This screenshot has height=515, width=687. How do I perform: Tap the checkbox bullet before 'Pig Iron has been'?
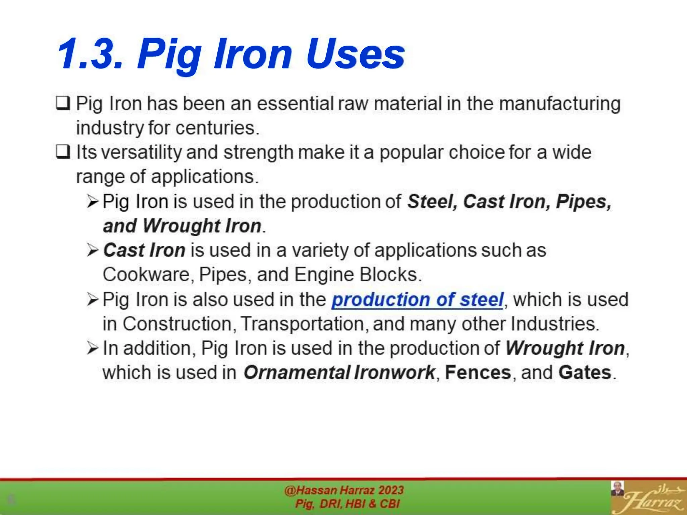pyautogui.click(x=63, y=103)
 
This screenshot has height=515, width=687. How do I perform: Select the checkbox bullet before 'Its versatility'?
pyautogui.click(x=63, y=152)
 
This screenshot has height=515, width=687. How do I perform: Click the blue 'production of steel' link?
pyautogui.click(x=417, y=299)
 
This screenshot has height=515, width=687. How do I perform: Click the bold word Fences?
pyautogui.click(x=478, y=373)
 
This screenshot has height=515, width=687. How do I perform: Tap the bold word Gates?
pyautogui.click(x=585, y=373)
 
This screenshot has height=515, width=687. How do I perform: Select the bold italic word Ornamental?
pyautogui.click(x=297, y=373)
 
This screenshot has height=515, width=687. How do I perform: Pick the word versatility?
pyautogui.click(x=141, y=153)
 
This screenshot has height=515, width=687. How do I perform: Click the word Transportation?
pyautogui.click(x=302, y=324)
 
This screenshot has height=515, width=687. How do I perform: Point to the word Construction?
pyautogui.click(x=177, y=324)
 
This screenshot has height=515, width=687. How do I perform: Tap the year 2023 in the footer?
pyautogui.click(x=391, y=490)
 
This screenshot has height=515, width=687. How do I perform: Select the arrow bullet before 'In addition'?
pyautogui.click(x=93, y=348)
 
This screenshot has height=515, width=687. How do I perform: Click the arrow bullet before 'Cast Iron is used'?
pyautogui.click(x=93, y=250)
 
